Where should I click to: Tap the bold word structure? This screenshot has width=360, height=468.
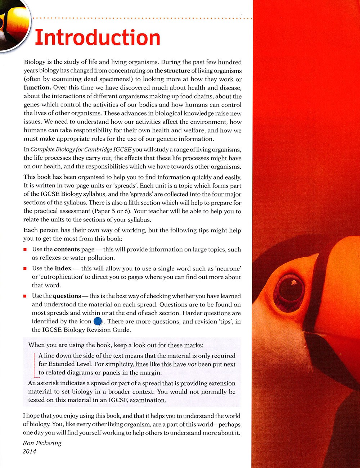click(x=177, y=71)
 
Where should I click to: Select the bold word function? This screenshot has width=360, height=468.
click(x=37, y=87)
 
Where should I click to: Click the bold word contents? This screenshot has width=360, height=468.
click(x=67, y=249)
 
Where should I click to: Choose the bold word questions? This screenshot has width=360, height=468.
click(x=67, y=296)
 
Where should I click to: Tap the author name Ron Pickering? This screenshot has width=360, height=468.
click(x=42, y=443)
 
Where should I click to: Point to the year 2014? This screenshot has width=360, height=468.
click(x=30, y=451)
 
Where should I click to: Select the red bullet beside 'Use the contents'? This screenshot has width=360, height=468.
click(x=25, y=250)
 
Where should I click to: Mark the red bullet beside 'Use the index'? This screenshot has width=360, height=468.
click(x=25, y=269)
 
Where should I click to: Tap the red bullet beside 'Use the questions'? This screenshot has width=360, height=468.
click(x=25, y=296)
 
